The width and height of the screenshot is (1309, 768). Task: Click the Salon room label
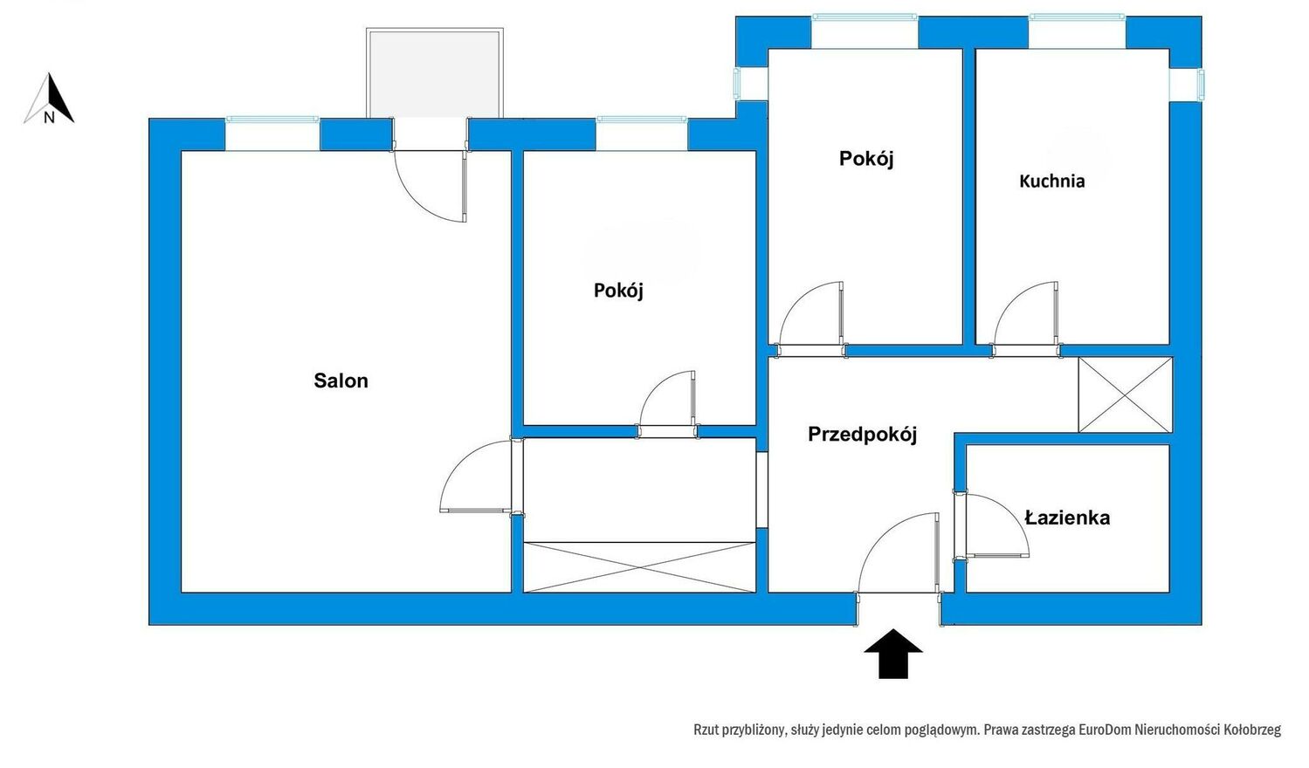pos(341,381)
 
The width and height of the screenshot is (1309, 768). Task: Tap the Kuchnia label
pos(1051,182)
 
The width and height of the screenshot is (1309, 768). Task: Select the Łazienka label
pos(1067,518)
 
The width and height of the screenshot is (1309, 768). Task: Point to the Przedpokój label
pos(862,435)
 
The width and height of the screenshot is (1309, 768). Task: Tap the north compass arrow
pos(50,99)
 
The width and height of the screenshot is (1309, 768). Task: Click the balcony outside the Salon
pos(435,73)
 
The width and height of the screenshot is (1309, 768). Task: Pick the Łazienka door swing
pos(994,525)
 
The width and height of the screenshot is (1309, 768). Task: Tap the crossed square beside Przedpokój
pos(1125,394)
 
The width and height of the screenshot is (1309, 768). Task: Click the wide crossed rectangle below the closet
pos(639,567)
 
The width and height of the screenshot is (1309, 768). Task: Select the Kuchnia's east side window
pos(1200,85)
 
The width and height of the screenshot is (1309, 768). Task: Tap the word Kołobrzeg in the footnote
pos(1252,730)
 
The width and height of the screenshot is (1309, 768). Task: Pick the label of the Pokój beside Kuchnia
pos(866,159)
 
